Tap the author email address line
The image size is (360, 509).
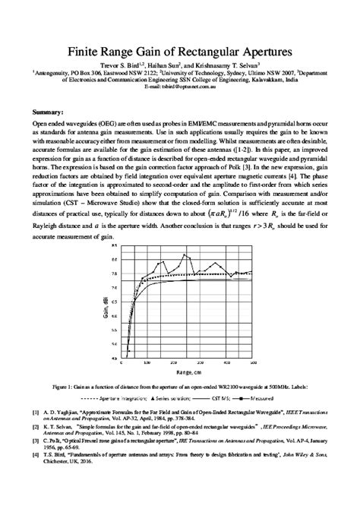pyautogui.click(x=180, y=87)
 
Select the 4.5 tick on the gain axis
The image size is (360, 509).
pyautogui.click(x=113, y=358)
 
